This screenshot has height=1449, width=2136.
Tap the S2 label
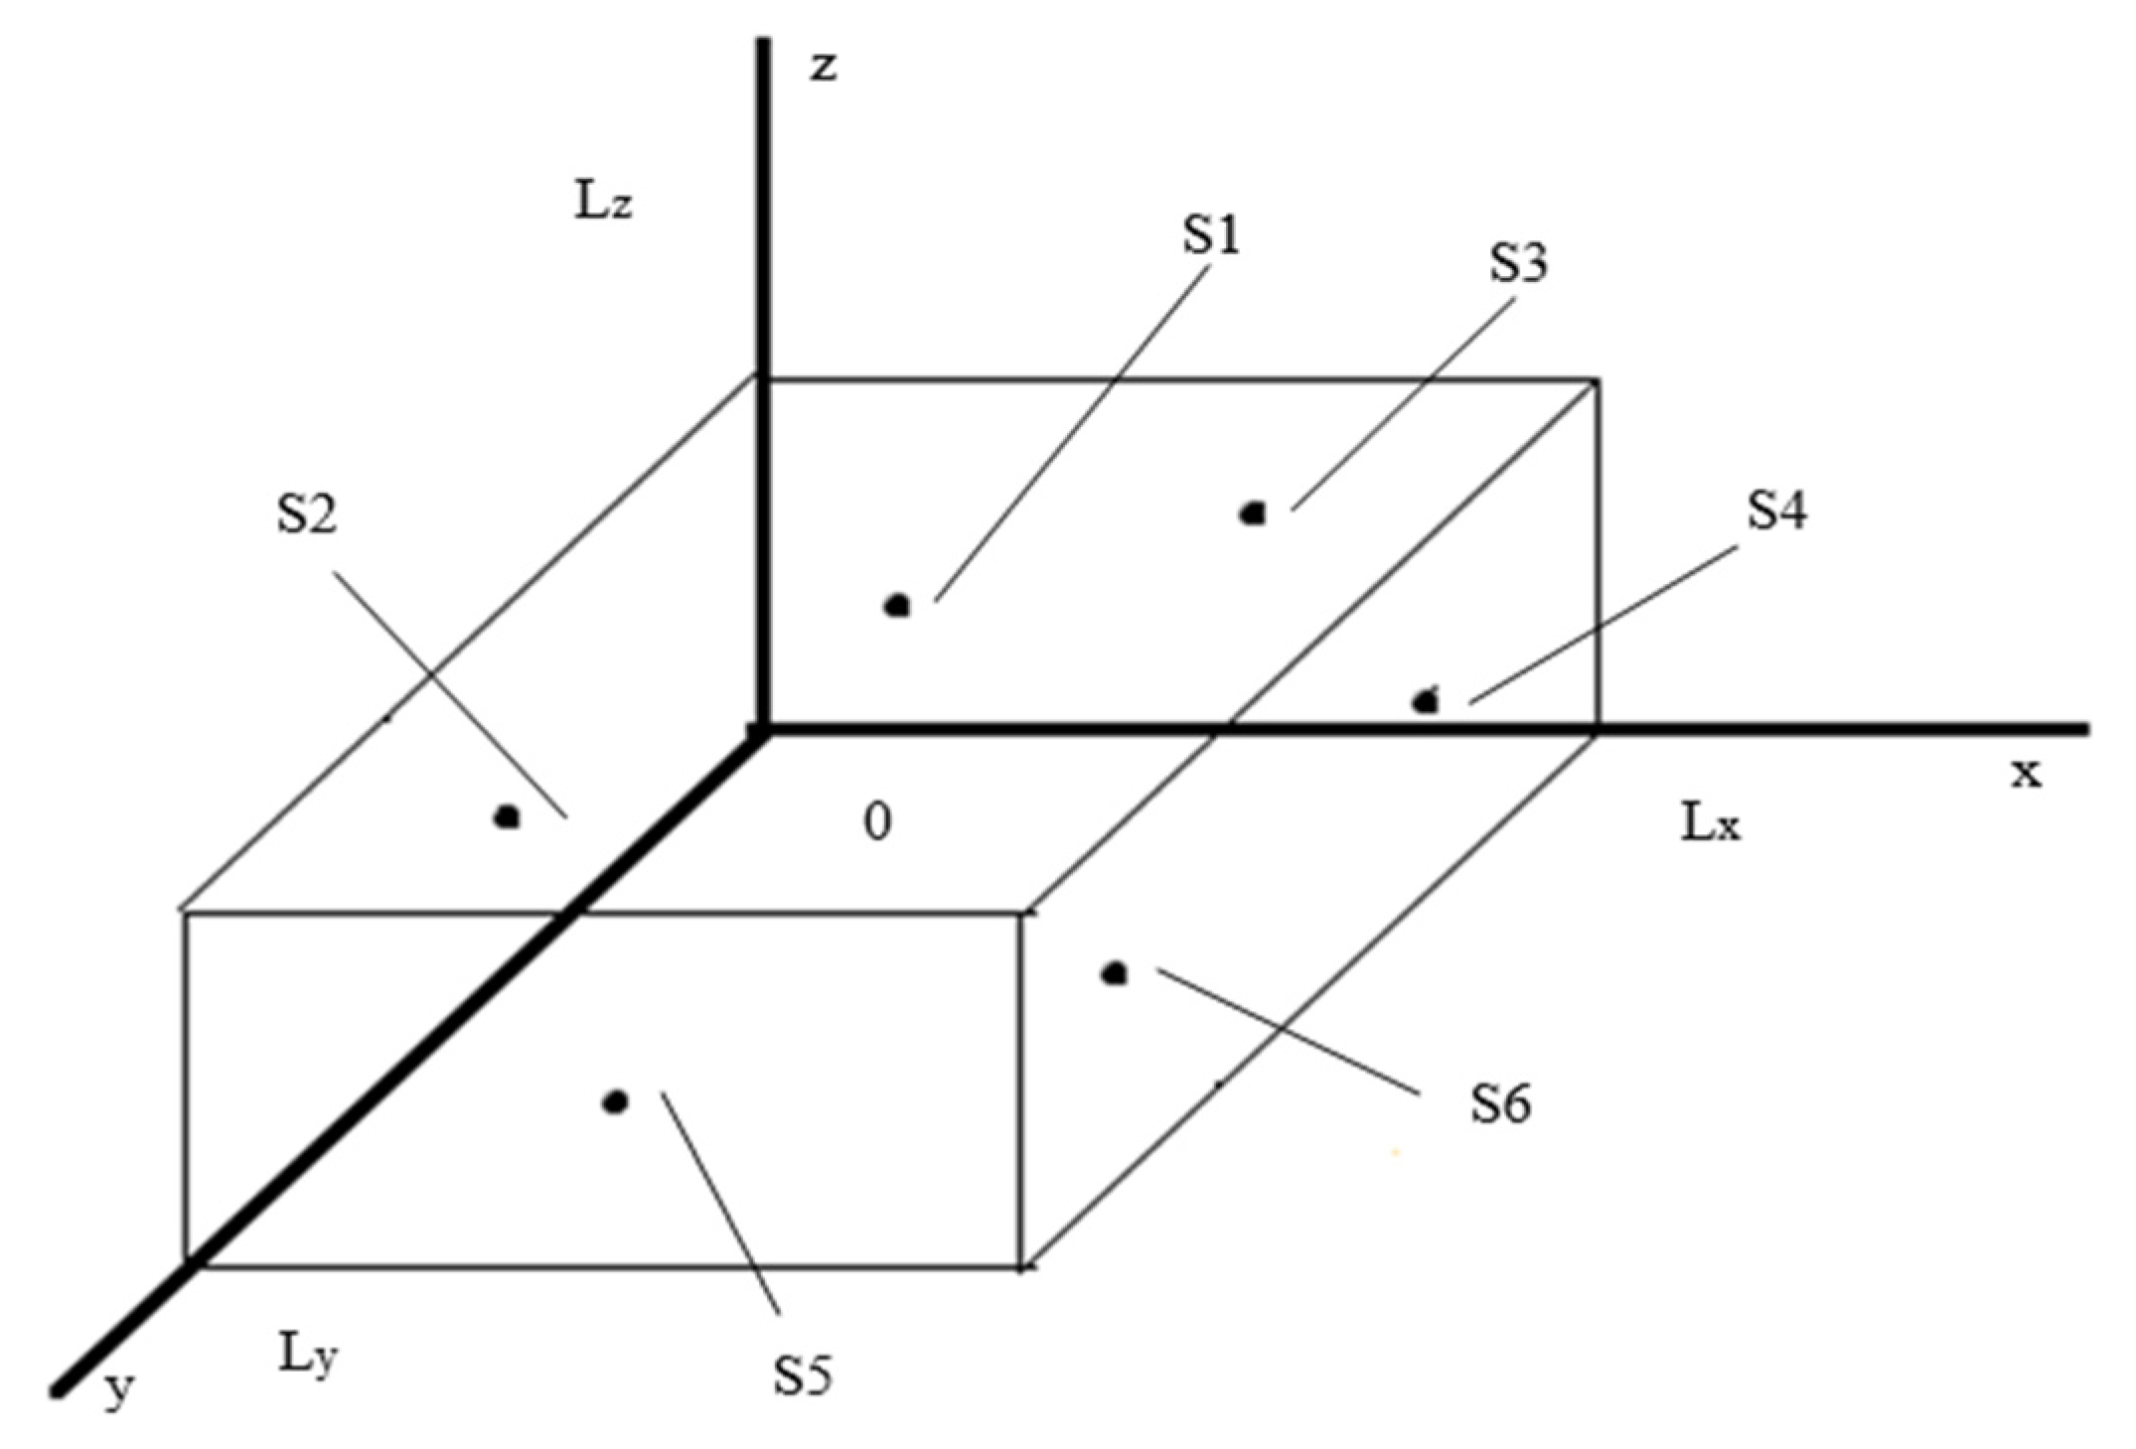point(307,514)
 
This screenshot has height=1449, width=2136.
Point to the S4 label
point(1777,511)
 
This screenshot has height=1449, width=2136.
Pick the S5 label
point(803,1376)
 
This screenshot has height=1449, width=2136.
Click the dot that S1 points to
point(898,605)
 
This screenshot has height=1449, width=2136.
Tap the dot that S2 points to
point(508,817)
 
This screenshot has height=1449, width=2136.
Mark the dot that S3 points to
point(1254,513)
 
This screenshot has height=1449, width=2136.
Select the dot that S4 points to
point(1427,701)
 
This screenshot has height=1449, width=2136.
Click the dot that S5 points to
point(616,1101)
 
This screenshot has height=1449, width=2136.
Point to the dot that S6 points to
point(1115,973)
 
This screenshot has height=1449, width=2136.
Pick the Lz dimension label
point(603,203)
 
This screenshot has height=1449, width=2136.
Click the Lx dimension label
point(1710,823)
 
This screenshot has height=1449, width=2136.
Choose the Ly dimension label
point(307,1357)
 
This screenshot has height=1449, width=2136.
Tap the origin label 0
point(877,822)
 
